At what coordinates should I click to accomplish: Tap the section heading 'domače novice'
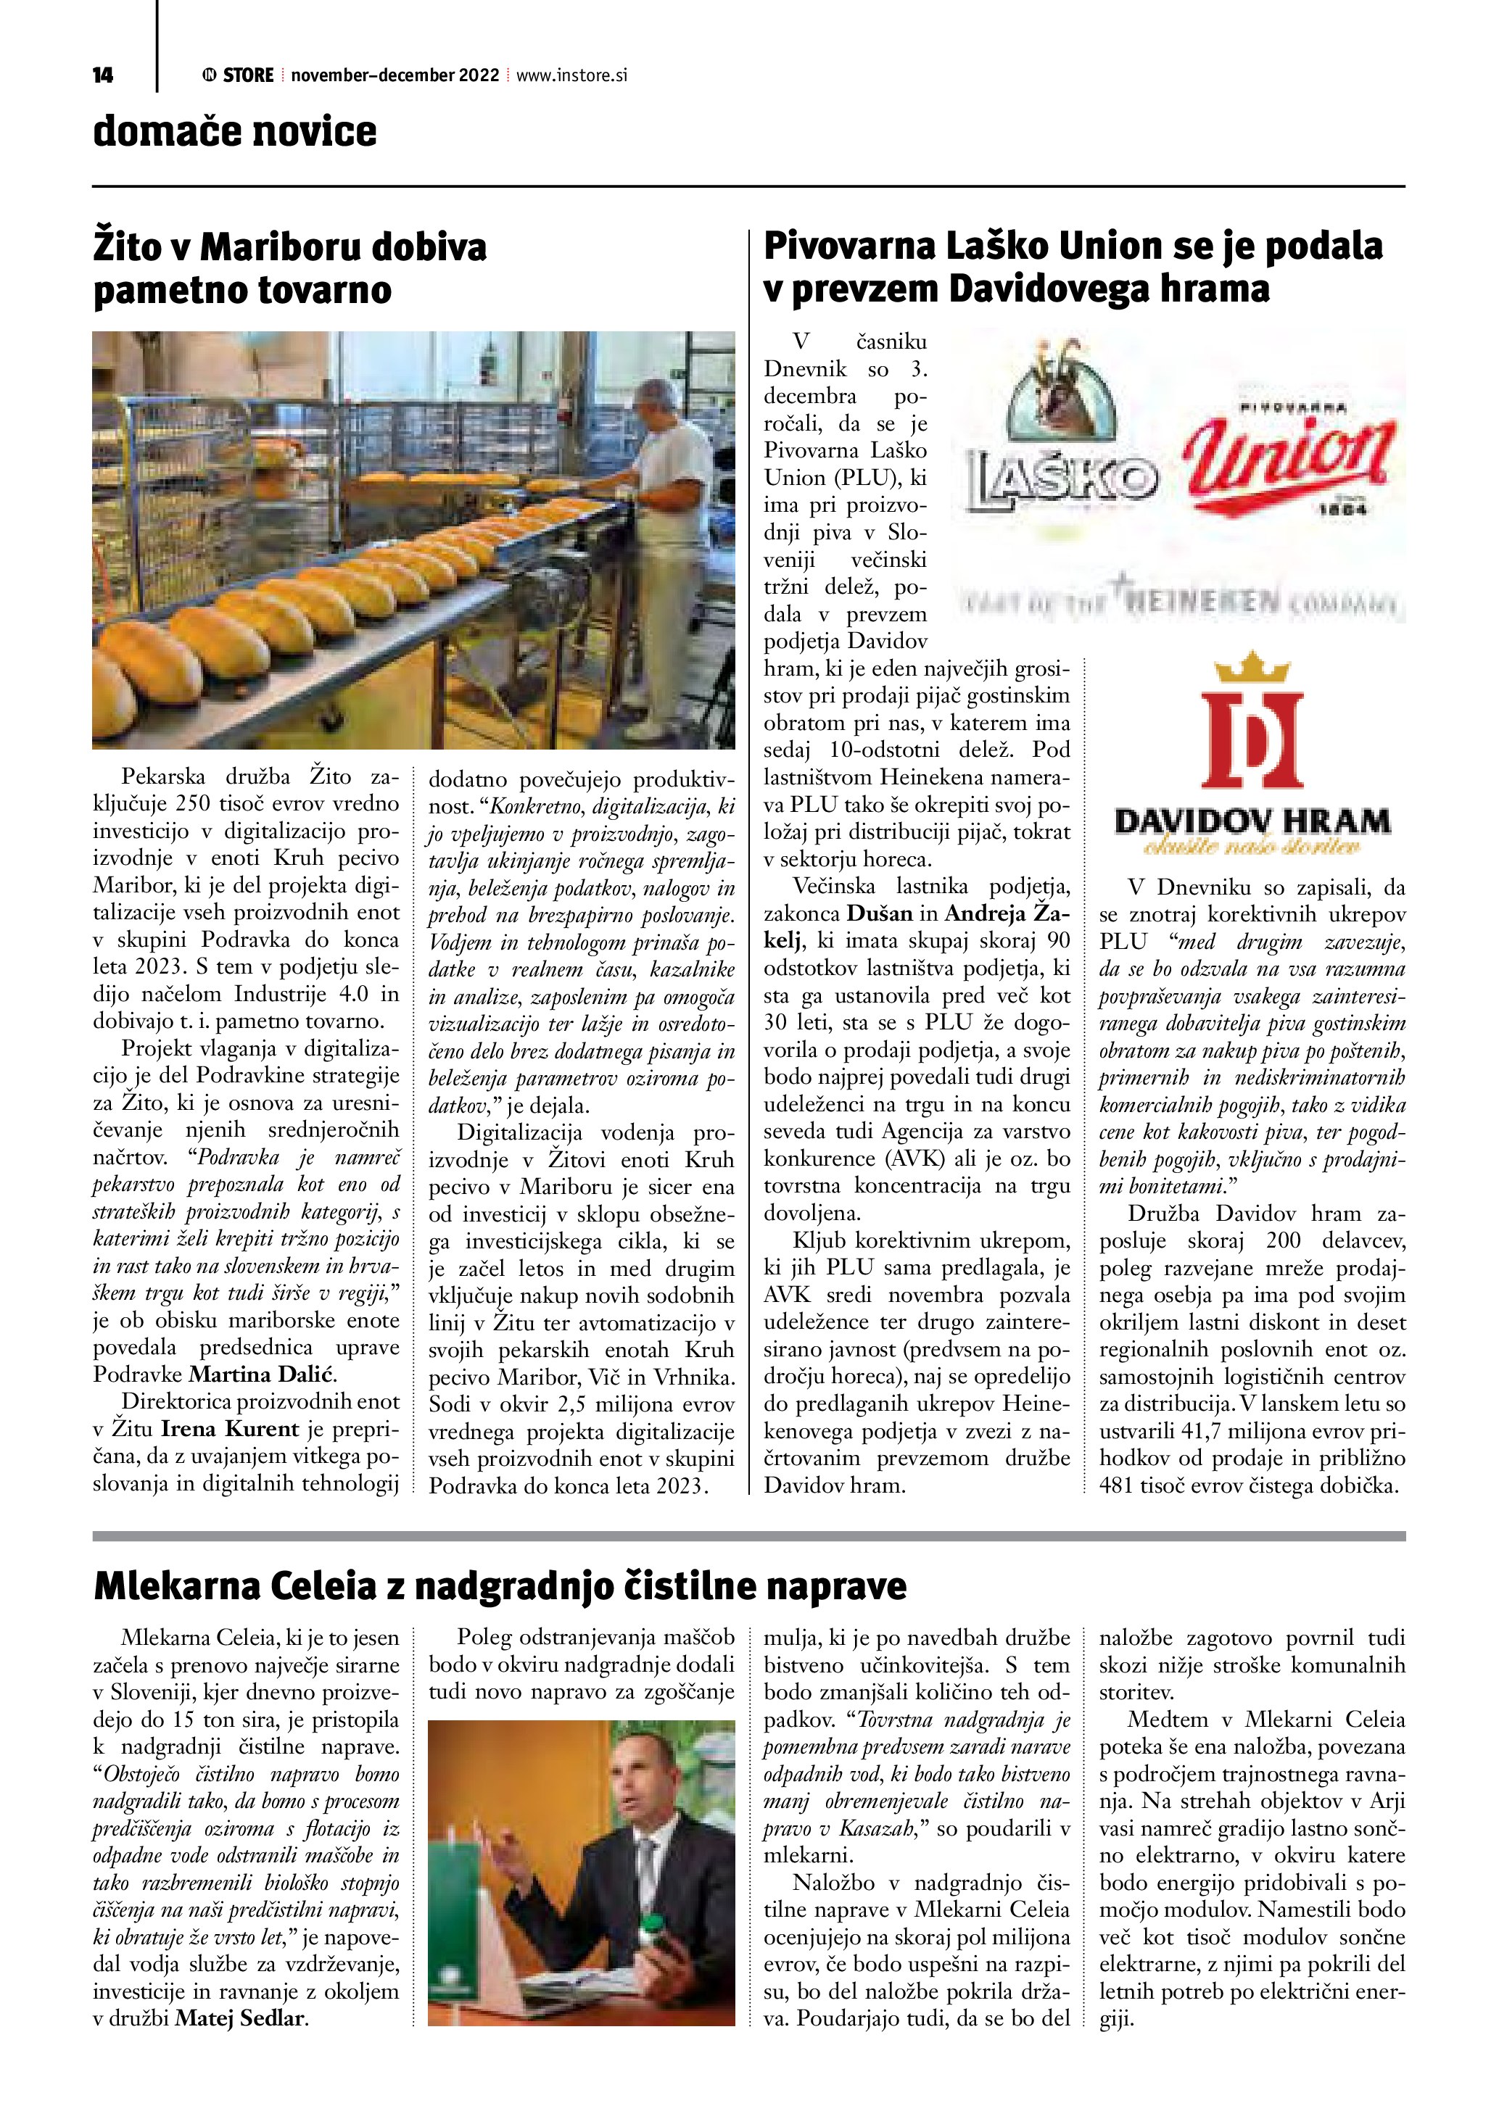234,132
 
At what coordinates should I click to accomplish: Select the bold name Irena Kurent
230,1429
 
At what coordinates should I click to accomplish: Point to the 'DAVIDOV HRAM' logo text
1252,821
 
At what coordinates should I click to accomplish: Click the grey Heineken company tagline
1181,604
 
